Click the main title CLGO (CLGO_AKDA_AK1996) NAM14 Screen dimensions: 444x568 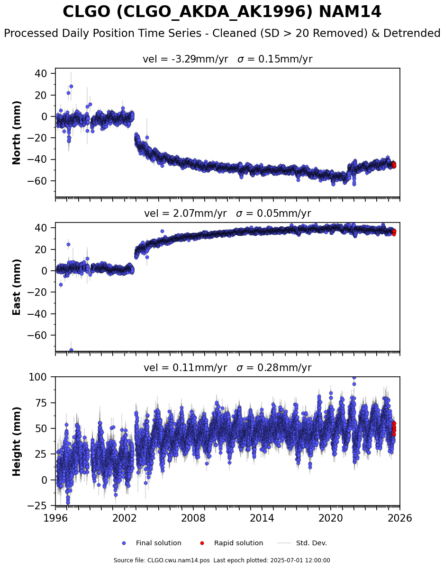[222, 12]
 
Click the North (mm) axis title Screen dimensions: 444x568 [16, 133]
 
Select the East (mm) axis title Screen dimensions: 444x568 [16, 287]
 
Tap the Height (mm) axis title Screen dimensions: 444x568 [16, 442]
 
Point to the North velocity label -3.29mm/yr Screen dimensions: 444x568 [199, 59]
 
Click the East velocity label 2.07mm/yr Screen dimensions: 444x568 [199, 213]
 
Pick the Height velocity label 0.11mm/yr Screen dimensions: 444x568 [199, 367]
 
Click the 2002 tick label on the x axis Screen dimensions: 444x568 [124, 517]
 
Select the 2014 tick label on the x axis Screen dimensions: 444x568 [262, 517]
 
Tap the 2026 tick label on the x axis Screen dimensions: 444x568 [399, 517]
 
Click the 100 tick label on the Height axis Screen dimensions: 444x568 [38, 377]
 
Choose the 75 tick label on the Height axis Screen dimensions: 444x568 [41, 402]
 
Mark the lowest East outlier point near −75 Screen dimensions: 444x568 [71, 350]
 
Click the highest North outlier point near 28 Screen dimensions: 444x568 [71, 86]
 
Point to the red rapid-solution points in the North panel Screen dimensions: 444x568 [394, 164]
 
